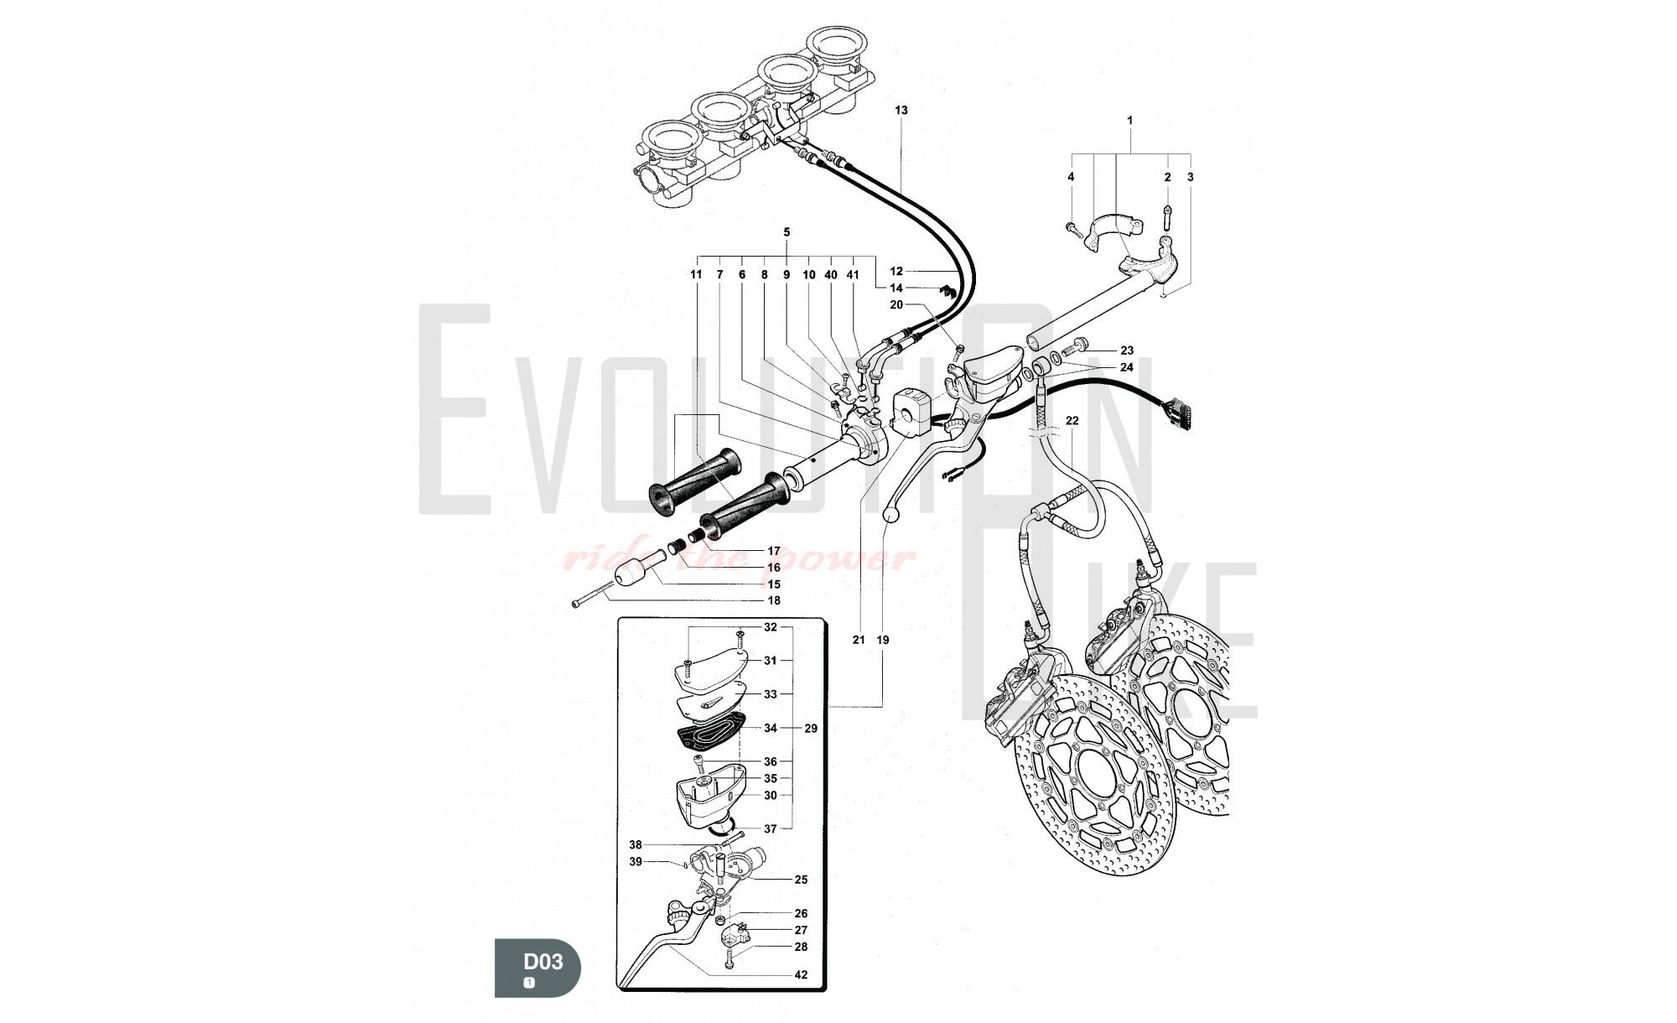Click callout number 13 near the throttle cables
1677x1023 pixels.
(901, 110)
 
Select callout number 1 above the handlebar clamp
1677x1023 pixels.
(1129, 121)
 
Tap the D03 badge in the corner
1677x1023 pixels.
(537, 967)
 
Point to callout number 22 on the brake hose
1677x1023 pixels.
(1072, 420)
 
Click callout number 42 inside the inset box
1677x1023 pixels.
(801, 974)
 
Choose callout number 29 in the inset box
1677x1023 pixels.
(811, 728)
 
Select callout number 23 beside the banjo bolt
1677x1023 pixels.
(1126, 351)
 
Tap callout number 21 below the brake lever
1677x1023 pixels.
(859, 640)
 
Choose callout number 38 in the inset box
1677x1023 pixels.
(636, 844)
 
